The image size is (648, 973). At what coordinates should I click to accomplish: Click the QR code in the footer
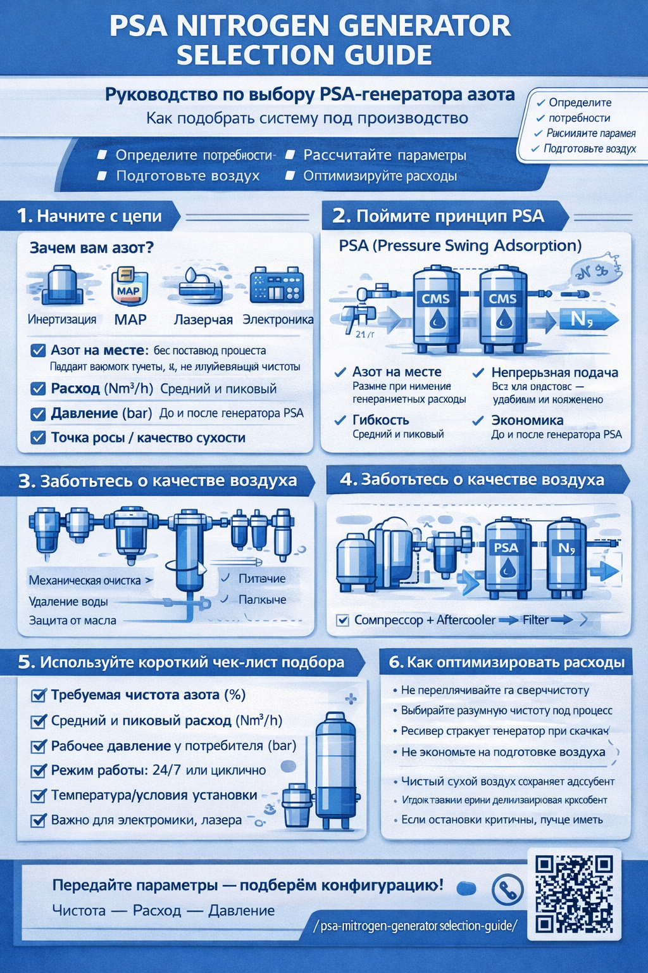pos(574,894)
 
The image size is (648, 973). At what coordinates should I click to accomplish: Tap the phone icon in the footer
pos(507,889)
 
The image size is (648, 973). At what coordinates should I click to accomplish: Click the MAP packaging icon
pos(129,287)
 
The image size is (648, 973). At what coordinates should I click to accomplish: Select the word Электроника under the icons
pos(278,320)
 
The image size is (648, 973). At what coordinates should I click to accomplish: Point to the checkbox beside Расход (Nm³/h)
pos(38,388)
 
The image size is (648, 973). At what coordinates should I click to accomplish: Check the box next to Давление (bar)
pos(38,414)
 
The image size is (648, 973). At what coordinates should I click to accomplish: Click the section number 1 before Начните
pos(24,217)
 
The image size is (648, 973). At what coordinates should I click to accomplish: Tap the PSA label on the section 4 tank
pos(506,548)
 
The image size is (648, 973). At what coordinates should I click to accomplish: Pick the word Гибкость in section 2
pos(380,420)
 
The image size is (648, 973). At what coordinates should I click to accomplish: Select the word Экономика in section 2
pos(527,420)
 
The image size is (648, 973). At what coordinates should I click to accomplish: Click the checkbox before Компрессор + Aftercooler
pos(343,620)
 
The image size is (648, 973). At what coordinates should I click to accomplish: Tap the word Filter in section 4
pos(535,620)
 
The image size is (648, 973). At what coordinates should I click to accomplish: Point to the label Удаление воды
pos(68,601)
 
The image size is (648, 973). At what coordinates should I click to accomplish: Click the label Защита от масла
pos(73,620)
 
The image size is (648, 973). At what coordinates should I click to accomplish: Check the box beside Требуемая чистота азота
pos(38,695)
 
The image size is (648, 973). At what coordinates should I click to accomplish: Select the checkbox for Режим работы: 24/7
pos(38,770)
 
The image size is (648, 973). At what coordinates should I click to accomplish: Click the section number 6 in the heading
pos(396,663)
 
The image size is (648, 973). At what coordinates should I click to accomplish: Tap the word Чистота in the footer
pos(78,910)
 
